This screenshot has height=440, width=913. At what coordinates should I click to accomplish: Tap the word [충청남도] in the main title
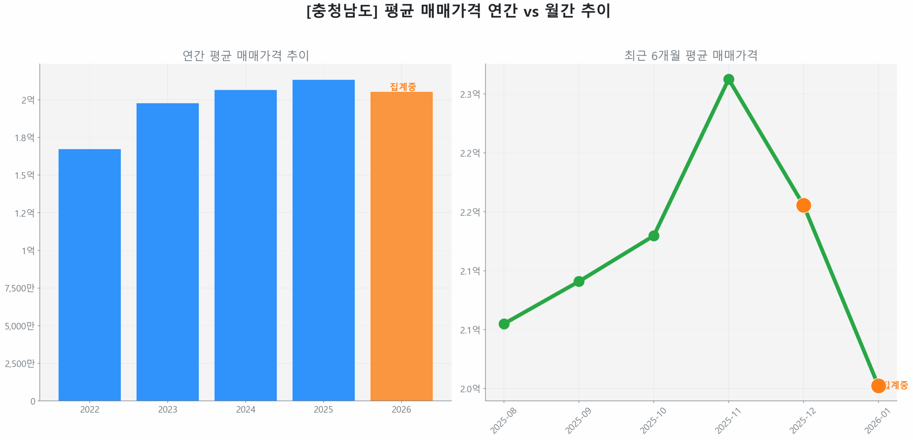click(x=341, y=11)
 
